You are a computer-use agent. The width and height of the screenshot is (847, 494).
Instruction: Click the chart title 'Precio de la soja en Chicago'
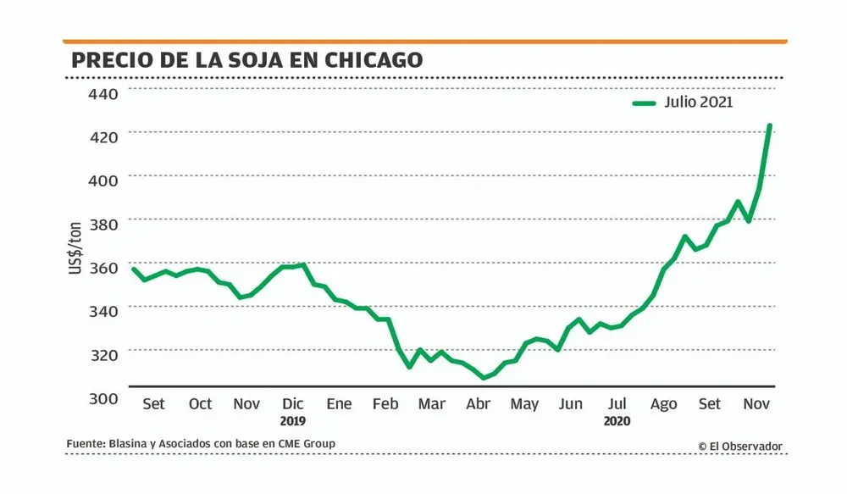pyautogui.click(x=247, y=60)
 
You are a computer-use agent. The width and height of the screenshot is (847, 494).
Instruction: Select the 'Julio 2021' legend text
pyautogui.click(x=699, y=103)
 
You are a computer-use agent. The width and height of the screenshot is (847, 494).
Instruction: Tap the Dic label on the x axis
pyautogui.click(x=293, y=404)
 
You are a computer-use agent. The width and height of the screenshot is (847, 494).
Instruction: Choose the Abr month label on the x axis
pyautogui.click(x=478, y=404)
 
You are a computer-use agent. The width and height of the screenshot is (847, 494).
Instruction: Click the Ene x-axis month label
pyautogui.click(x=339, y=404)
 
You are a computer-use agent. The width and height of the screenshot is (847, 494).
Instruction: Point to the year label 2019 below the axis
pyautogui.click(x=293, y=420)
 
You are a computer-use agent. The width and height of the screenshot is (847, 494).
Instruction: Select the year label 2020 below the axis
pyautogui.click(x=617, y=420)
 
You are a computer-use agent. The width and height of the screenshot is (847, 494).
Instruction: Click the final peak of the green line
pyautogui.click(x=769, y=126)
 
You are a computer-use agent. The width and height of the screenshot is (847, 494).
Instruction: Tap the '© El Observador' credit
pyautogui.click(x=740, y=446)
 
